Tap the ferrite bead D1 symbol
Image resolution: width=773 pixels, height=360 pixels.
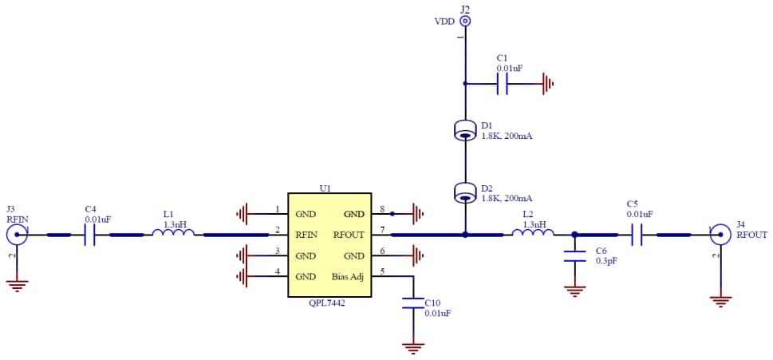click(x=465, y=130)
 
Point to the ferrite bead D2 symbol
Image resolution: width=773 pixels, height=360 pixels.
click(x=465, y=192)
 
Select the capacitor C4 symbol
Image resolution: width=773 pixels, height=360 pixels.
click(x=89, y=235)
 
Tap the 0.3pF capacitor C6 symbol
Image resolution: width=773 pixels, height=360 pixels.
click(x=574, y=256)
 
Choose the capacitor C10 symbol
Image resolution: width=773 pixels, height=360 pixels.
click(x=413, y=303)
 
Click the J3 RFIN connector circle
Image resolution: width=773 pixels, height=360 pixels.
click(x=16, y=234)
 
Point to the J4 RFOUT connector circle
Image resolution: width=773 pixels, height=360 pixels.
click(x=720, y=234)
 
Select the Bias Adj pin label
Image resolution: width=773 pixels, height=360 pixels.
click(x=348, y=277)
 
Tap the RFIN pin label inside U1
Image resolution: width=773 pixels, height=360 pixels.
click(x=307, y=235)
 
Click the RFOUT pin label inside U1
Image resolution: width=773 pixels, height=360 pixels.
click(x=349, y=235)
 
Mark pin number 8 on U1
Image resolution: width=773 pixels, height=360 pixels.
click(x=382, y=210)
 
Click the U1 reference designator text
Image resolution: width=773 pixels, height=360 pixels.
click(x=325, y=188)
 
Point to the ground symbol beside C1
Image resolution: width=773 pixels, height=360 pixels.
click(x=546, y=82)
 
